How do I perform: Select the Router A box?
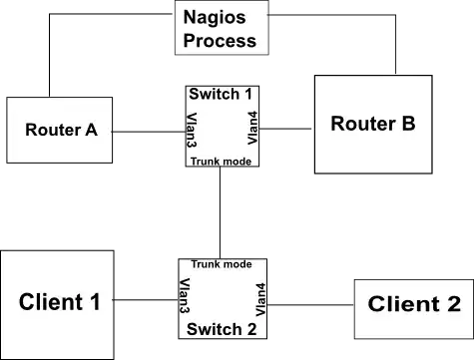(59, 130)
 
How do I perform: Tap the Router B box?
(373, 124)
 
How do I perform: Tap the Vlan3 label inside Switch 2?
(186, 298)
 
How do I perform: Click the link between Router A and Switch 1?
(151, 130)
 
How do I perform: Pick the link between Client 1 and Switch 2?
(147, 298)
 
